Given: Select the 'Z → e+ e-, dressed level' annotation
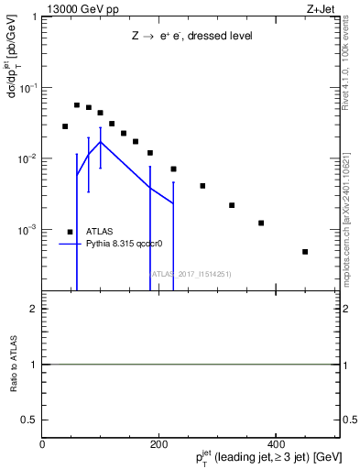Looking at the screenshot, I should pyautogui.click(x=191, y=36).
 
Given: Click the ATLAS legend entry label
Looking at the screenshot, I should pyautogui.click(x=101, y=232).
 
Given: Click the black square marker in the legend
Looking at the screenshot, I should pyautogui.click(x=71, y=232).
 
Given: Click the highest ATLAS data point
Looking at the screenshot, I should pyautogui.click(x=77, y=105).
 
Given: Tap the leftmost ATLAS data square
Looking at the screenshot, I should pyautogui.click(x=65, y=126).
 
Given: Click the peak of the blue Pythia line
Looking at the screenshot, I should pyautogui.click(x=100, y=142).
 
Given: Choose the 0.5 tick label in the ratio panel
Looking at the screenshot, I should pyautogui.click(x=31, y=419).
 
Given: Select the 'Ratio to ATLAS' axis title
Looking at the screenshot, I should pyautogui.click(x=14, y=364).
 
